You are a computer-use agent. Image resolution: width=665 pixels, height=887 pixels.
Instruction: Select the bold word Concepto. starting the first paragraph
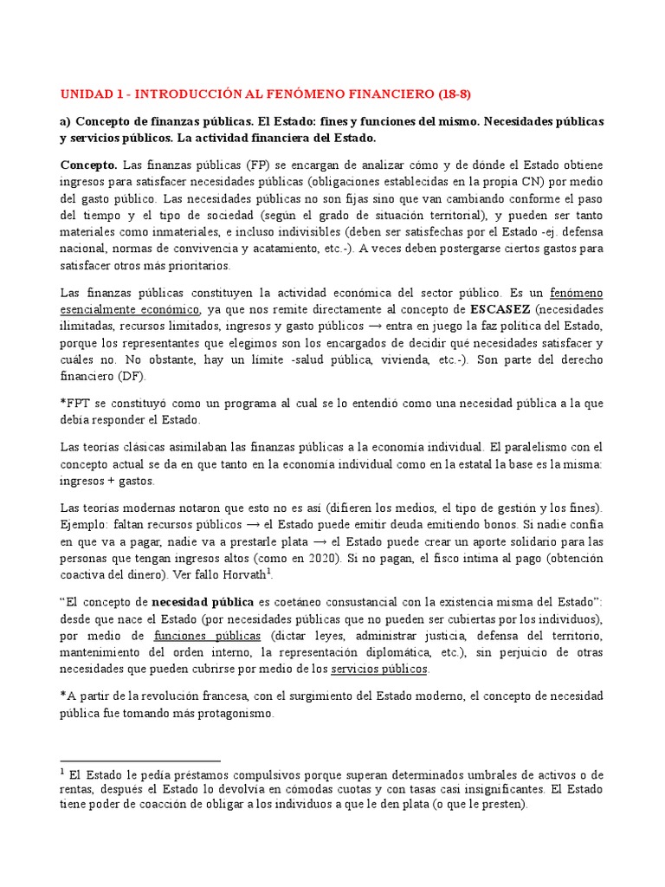tap(88, 165)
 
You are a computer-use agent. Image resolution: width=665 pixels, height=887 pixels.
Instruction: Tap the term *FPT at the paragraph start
tap(75, 404)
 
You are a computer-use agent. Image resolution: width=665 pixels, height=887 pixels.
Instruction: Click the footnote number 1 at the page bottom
tap(63, 771)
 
